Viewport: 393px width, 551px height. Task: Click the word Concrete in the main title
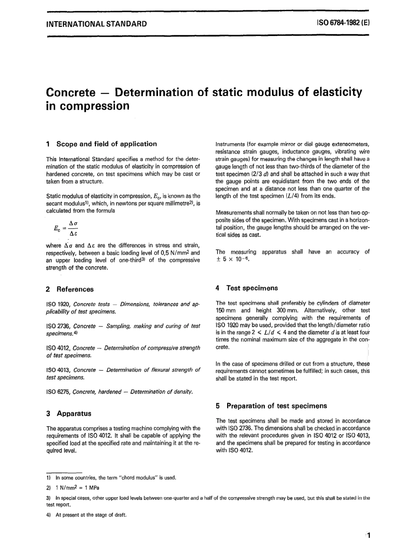pyautogui.click(x=71, y=92)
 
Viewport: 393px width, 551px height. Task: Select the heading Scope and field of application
pyautogui.click(x=106, y=144)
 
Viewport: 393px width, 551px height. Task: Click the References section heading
pyautogui.click(x=75, y=289)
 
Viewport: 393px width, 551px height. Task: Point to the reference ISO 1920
pyautogui.click(x=58, y=304)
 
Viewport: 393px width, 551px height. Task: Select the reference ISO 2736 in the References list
pyautogui.click(x=58, y=326)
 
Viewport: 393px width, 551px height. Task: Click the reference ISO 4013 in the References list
pyautogui.click(x=58, y=370)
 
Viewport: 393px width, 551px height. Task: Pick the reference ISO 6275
pyautogui.click(x=58, y=392)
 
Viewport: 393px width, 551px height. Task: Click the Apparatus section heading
pyautogui.click(x=74, y=414)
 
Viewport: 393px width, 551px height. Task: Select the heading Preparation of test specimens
pyautogui.click(x=276, y=406)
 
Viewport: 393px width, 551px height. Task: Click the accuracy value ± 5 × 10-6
pyautogui.click(x=233, y=259)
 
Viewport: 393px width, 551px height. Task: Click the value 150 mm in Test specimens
pyautogui.click(x=225, y=310)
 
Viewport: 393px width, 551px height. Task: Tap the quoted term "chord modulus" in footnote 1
pyautogui.click(x=137, y=478)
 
